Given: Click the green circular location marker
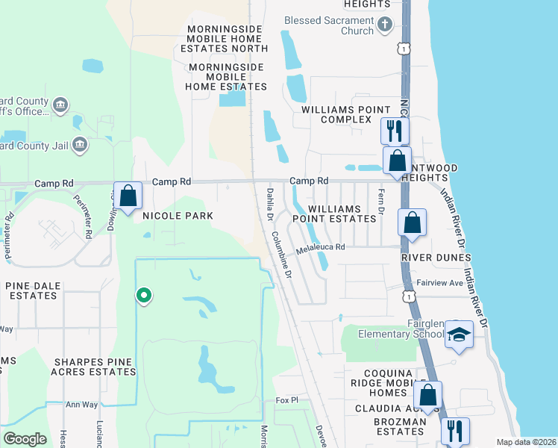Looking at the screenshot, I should tap(143, 296).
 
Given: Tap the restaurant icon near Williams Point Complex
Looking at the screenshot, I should tap(393, 131).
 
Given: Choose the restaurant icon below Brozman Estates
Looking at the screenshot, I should tap(453, 431).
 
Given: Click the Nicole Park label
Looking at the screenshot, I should tap(173, 216).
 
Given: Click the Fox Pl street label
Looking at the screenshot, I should tap(286, 401).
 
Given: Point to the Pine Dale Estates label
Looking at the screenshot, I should tap(31, 290).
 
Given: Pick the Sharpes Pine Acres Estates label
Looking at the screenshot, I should tap(94, 367).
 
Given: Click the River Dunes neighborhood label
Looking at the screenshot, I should tap(436, 258).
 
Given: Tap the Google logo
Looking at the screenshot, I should tap(25, 438).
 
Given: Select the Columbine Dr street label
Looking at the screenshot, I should tap(281, 255).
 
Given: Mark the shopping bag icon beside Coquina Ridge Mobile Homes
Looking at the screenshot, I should tap(428, 396).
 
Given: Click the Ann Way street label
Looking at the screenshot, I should tap(82, 405).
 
